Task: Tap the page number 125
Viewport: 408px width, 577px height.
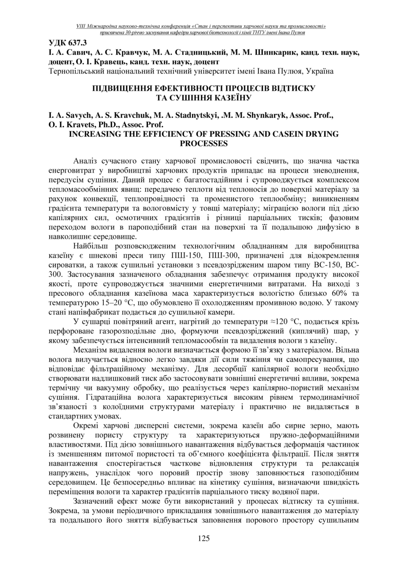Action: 204,538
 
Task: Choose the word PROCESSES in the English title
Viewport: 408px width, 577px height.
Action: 204,143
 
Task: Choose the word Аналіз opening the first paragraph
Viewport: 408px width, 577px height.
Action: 87,161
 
